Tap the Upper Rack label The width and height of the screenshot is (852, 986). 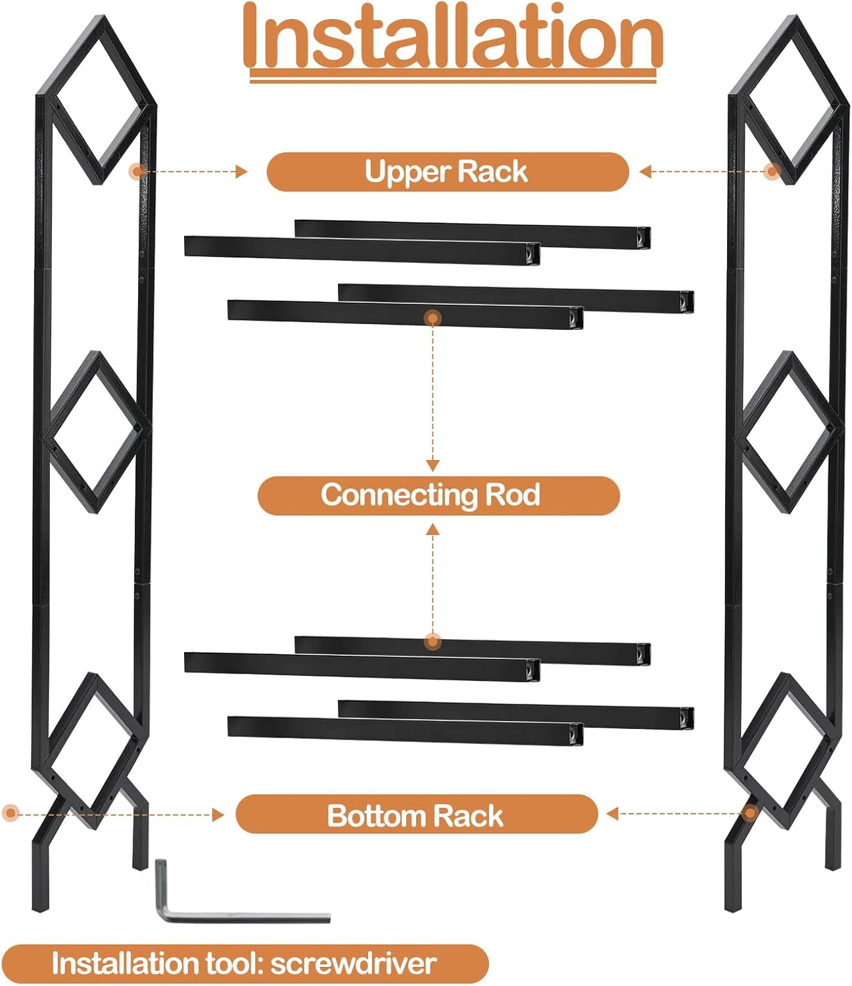[x=447, y=172]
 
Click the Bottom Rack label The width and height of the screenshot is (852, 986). [x=416, y=815]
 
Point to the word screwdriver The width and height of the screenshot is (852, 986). [x=353, y=964]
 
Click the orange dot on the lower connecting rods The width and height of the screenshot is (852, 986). [x=433, y=641]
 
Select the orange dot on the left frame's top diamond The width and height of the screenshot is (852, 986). [x=137, y=172]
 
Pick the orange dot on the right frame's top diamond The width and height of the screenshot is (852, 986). [x=773, y=172]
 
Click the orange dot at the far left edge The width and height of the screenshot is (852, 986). [x=10, y=813]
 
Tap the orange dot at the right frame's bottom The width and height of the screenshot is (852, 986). [x=751, y=813]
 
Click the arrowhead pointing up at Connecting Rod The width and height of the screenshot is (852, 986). [x=433, y=528]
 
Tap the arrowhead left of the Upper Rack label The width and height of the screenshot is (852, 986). [x=242, y=172]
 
